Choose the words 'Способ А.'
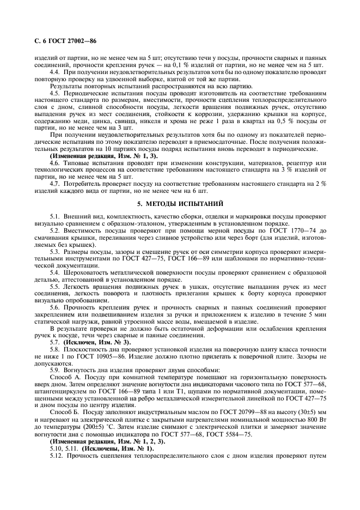[x=65, y=377]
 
